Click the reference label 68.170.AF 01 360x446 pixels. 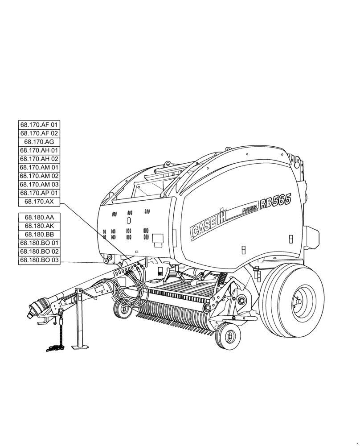point(39,125)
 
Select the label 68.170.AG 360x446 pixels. point(39,142)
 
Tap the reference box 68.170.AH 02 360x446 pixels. point(39,159)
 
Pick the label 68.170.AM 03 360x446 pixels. point(39,184)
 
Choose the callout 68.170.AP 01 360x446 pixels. point(39,193)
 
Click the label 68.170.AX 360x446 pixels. point(39,202)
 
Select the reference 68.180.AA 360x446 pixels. point(39,217)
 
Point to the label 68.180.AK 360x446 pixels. point(39,226)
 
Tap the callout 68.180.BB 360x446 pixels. point(39,234)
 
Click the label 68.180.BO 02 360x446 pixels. point(39,252)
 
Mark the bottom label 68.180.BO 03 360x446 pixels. point(39,260)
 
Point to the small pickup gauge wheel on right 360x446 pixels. point(228,335)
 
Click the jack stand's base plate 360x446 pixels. point(81,347)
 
